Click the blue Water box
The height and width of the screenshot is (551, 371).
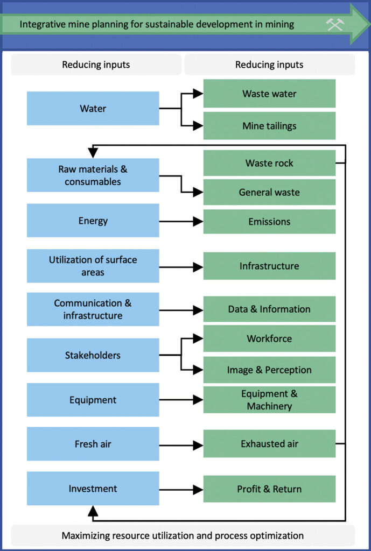click(x=93, y=108)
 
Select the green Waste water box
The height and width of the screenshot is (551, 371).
click(x=269, y=94)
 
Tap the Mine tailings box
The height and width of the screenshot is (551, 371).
click(x=269, y=126)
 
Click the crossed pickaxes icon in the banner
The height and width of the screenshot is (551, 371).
click(x=334, y=24)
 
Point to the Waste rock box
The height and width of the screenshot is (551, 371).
click(x=269, y=163)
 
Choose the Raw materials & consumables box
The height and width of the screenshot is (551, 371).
click(x=93, y=175)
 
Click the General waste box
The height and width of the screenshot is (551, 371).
click(x=269, y=192)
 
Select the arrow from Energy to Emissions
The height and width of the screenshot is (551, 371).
click(x=181, y=221)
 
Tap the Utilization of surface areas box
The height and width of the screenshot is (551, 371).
click(x=93, y=266)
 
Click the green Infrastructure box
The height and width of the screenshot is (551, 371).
click(x=269, y=266)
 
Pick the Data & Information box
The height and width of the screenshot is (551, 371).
click(x=269, y=309)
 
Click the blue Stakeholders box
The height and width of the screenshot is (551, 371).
click(x=93, y=355)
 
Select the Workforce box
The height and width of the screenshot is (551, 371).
click(x=269, y=338)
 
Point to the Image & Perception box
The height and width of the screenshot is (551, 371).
click(x=269, y=370)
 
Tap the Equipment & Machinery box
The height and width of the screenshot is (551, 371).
click(x=269, y=400)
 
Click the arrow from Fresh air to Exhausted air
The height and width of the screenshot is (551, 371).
click(x=181, y=444)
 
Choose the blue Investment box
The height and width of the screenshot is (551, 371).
click(x=93, y=489)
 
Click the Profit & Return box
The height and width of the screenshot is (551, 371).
click(x=269, y=489)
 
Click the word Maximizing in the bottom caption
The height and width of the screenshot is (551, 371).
click(x=86, y=535)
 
